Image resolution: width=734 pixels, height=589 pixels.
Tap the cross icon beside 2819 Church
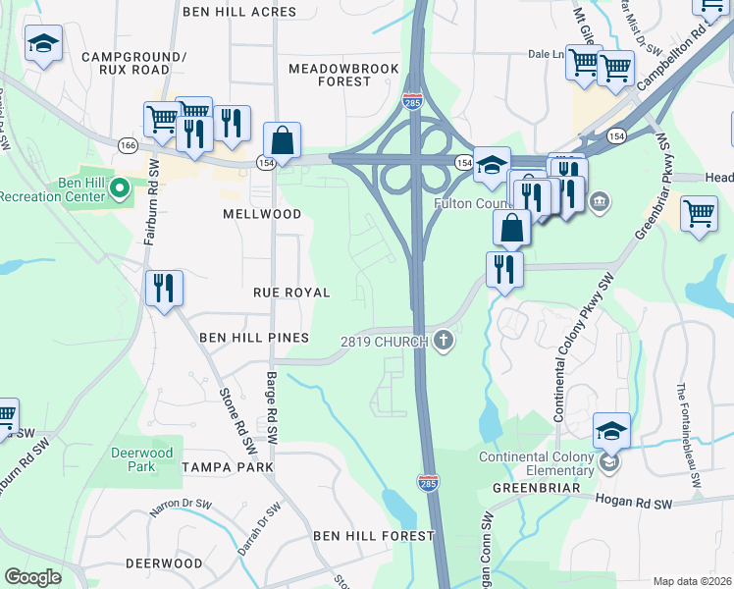tap(444, 341)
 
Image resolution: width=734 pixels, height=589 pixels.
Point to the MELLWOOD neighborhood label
tap(262, 213)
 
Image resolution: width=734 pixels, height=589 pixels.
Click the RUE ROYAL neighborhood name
tap(291, 293)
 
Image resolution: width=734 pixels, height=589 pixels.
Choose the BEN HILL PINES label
tap(254, 338)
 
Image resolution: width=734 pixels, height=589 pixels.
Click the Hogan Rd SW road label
tap(633, 501)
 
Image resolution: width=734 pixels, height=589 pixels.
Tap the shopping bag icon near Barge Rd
tap(282, 140)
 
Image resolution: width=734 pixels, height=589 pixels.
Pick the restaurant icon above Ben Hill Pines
tap(164, 288)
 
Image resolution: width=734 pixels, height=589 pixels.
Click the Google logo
tap(32, 576)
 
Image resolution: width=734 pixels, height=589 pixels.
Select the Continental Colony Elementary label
tap(537, 463)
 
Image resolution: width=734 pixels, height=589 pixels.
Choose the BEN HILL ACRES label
tap(239, 12)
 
